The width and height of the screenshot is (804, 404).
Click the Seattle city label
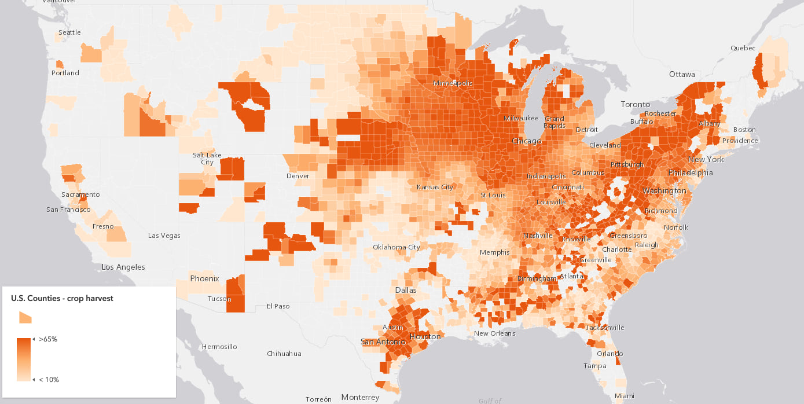click(69, 32)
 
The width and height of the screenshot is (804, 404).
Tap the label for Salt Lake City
click(207, 159)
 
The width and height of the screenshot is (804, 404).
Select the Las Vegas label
click(164, 236)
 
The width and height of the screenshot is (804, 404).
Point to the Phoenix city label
click(205, 278)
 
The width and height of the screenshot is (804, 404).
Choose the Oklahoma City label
click(397, 247)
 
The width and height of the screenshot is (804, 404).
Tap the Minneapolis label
click(453, 83)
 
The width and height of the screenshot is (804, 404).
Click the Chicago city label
click(526, 141)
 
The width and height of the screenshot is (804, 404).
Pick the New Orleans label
click(494, 333)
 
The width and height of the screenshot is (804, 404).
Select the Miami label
click(625, 396)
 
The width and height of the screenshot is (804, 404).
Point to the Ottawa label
click(681, 75)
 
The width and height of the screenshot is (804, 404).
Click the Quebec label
click(743, 48)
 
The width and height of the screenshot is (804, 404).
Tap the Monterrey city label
click(360, 397)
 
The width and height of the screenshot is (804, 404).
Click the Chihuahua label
click(284, 353)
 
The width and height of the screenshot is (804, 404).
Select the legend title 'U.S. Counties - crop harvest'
click(62, 298)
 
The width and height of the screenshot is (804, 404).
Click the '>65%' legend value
click(48, 339)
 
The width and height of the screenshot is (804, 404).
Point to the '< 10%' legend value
click(49, 380)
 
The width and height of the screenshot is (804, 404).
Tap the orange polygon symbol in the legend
click(25, 317)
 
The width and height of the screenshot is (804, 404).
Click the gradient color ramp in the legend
click(24, 359)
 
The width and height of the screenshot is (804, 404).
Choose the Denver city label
click(298, 176)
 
